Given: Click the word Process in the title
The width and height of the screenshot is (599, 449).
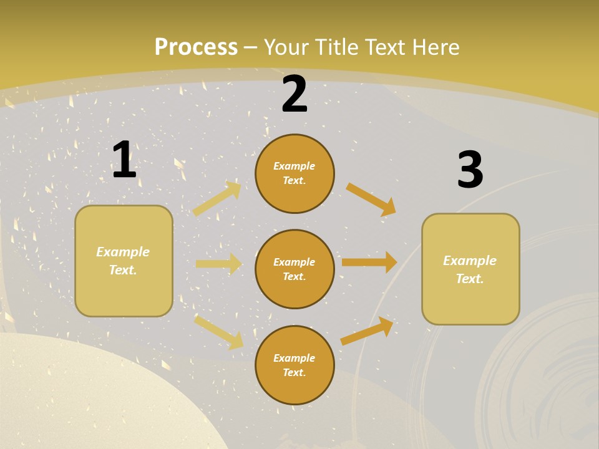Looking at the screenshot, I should coord(196,47).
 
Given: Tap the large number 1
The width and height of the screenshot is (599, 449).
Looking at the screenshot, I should coord(124,160).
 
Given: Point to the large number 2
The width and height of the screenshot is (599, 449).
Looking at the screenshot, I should coord(295,95).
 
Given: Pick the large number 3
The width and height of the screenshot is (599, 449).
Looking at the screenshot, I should coord(470,170).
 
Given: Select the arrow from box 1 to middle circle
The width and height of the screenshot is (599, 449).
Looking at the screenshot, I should coord(218,264).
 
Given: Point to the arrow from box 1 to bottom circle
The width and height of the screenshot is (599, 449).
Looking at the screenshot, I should coord(218,332).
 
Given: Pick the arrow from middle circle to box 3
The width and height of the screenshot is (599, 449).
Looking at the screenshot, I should coord(369,263).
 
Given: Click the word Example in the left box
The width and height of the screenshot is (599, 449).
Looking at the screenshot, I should coord(123,252).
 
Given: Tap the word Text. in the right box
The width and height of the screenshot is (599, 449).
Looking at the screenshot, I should coord(470,279).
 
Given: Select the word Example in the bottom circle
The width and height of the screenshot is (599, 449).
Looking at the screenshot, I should coord(295,358).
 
